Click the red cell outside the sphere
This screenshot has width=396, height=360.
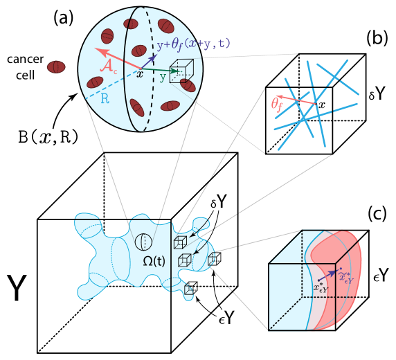tap(56, 67)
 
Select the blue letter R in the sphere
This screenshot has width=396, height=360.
tap(105, 99)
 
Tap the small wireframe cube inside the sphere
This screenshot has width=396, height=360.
tap(181, 71)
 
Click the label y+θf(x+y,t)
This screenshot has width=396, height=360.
tap(193, 44)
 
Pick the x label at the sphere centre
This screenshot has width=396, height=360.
tap(140, 74)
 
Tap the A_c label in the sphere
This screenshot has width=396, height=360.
tap(109, 67)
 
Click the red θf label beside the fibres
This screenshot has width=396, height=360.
tap(276, 105)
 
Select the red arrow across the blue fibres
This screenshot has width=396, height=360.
tap(297, 100)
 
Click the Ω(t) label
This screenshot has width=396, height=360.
tap(154, 261)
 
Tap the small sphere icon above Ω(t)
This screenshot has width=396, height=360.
tap(143, 242)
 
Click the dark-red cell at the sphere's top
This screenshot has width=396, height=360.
tap(131, 24)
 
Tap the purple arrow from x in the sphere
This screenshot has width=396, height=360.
tap(149, 62)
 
